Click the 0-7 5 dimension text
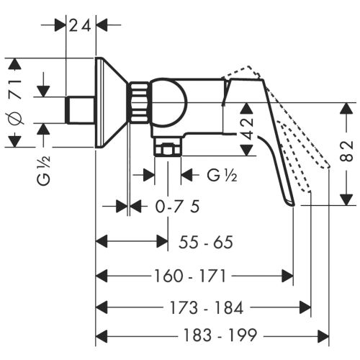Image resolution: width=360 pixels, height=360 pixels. pyautogui.click(x=177, y=207)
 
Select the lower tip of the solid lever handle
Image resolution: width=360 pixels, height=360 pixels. pyautogui.click(x=291, y=204)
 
